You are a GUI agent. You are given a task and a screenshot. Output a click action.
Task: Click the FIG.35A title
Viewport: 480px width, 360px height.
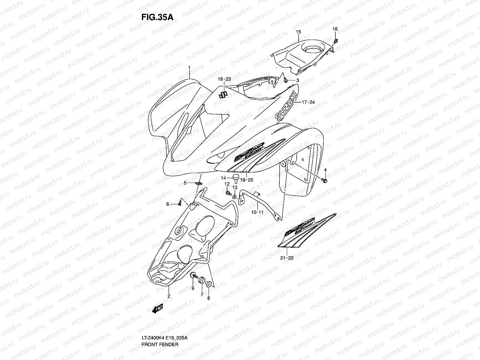tap(157, 17)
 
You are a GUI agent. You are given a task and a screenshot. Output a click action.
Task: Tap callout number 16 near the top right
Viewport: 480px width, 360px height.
tap(335, 29)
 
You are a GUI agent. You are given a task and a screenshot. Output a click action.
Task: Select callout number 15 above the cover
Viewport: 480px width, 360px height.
tap(298, 31)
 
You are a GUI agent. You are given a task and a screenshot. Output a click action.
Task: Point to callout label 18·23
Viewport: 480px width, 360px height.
tap(224, 79)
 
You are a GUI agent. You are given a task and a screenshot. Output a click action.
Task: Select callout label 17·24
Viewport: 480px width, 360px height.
tap(308, 102)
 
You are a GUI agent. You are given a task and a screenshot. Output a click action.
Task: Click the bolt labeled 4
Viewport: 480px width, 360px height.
tap(325, 180)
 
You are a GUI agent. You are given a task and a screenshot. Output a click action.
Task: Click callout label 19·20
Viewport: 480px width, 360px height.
tap(247, 180)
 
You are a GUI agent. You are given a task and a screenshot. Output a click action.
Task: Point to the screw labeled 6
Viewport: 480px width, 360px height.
tap(179, 204)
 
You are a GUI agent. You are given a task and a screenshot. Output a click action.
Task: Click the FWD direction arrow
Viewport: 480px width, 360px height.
tap(157, 309)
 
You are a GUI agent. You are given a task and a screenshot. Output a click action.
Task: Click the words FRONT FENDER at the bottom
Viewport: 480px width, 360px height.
tap(160, 328)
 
